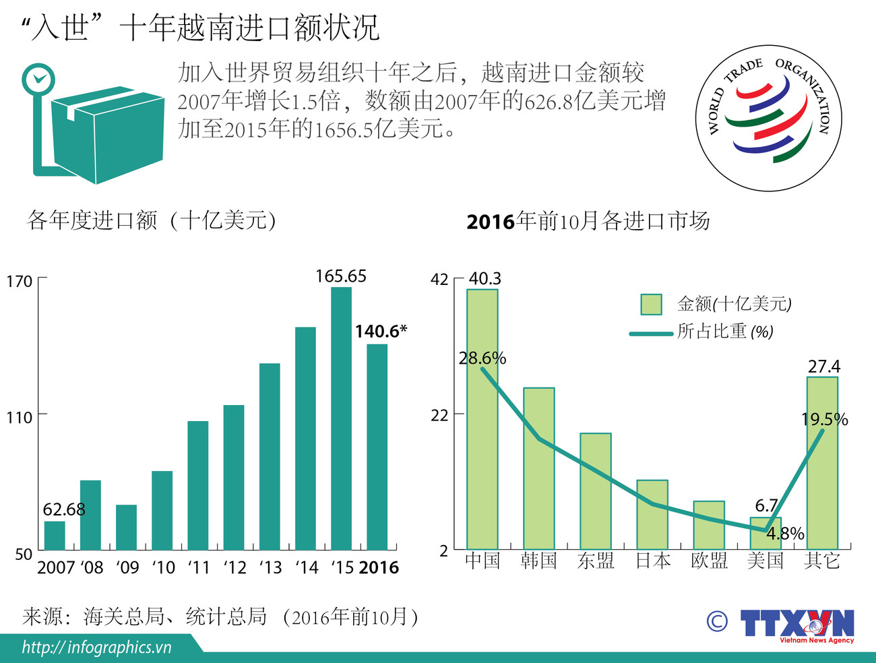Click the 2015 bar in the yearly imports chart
[x=341, y=418]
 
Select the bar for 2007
[x=55, y=536]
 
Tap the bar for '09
[x=126, y=528]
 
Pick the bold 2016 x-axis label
[x=379, y=568]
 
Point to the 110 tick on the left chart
[x=20, y=418]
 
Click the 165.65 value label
[x=341, y=276]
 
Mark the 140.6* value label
[x=381, y=331]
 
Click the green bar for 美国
[x=765, y=533]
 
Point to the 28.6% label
[x=482, y=358]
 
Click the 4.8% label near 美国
[x=786, y=534]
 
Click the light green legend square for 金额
[x=651, y=305]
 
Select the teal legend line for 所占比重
[x=651, y=334]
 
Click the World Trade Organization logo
[x=768, y=118]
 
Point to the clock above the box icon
[x=38, y=80]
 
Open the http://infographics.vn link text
[x=96, y=648]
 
